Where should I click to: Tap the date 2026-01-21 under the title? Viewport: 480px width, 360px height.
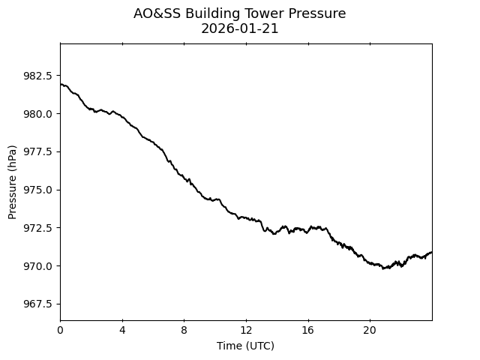click(240, 28)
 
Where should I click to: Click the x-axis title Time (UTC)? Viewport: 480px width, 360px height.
click(245, 346)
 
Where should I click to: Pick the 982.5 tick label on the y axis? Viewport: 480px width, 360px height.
click(38, 76)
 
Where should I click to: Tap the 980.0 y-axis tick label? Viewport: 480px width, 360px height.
click(38, 114)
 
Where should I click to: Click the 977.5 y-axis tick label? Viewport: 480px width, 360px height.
click(38, 151)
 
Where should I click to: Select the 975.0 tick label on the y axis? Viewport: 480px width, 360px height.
click(38, 190)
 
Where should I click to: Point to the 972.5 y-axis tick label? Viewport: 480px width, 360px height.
click(38, 227)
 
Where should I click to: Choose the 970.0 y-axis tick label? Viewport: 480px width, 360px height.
click(38, 265)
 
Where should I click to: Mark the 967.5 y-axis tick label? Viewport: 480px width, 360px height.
click(38, 304)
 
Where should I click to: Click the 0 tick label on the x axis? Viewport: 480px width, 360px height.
click(60, 330)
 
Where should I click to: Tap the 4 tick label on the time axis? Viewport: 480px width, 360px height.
click(122, 330)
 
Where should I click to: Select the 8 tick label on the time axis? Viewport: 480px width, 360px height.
click(184, 330)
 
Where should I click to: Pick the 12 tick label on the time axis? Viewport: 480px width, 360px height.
click(246, 330)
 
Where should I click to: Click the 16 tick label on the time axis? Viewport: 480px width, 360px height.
click(307, 330)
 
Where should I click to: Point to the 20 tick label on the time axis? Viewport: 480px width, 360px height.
click(370, 330)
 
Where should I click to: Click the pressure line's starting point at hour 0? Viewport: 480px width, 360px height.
click(61, 84)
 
